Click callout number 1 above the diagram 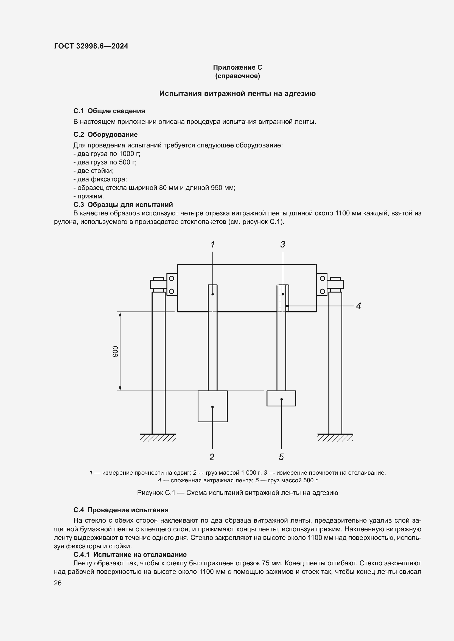(212, 244)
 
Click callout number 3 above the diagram (283, 244)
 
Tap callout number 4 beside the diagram (358, 306)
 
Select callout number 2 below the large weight (212, 457)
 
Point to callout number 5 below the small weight (281, 457)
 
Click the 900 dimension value (116, 351)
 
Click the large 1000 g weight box (212, 406)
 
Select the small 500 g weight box (281, 398)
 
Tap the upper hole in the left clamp (172, 278)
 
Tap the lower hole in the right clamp (322, 291)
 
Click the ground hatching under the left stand (158, 437)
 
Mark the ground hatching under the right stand (335, 437)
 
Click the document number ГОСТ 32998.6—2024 (91, 46)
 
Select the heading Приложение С (237, 67)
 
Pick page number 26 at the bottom (58, 583)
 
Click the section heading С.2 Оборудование (105, 135)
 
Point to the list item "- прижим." (89, 196)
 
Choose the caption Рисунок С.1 (237, 493)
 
